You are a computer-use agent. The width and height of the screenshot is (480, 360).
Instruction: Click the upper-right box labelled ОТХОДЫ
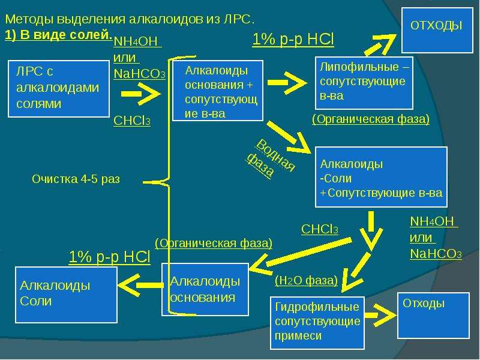(x=437, y=31)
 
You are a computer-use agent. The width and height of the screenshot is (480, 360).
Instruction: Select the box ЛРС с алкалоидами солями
(x=59, y=89)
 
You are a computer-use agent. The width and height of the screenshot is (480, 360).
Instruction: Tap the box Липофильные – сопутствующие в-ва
(x=364, y=83)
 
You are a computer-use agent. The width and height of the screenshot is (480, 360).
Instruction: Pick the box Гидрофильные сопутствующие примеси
(x=317, y=323)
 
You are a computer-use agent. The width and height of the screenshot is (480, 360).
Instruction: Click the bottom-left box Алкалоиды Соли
(x=66, y=295)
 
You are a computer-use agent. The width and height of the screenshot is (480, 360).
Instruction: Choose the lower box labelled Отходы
(x=433, y=316)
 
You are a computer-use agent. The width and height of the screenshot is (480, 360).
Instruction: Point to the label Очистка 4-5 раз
(x=76, y=179)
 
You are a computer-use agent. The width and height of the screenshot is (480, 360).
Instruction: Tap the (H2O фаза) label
(x=306, y=280)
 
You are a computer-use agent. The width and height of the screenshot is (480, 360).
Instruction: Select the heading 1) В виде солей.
(x=58, y=35)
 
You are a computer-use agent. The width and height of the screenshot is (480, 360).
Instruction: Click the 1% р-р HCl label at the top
(x=293, y=40)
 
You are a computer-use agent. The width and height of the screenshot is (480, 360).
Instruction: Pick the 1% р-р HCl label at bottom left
(x=110, y=257)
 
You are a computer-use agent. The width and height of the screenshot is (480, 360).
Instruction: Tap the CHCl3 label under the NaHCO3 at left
(x=132, y=121)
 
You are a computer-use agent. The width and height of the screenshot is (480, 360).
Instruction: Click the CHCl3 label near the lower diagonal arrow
(x=320, y=229)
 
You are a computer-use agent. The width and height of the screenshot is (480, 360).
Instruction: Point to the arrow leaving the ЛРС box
(x=140, y=94)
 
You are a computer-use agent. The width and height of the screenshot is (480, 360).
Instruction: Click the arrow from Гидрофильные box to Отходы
(x=380, y=316)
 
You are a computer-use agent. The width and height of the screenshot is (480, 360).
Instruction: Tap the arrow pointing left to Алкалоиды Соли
(x=140, y=286)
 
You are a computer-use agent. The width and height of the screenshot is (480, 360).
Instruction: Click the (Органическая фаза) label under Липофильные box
(x=371, y=119)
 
